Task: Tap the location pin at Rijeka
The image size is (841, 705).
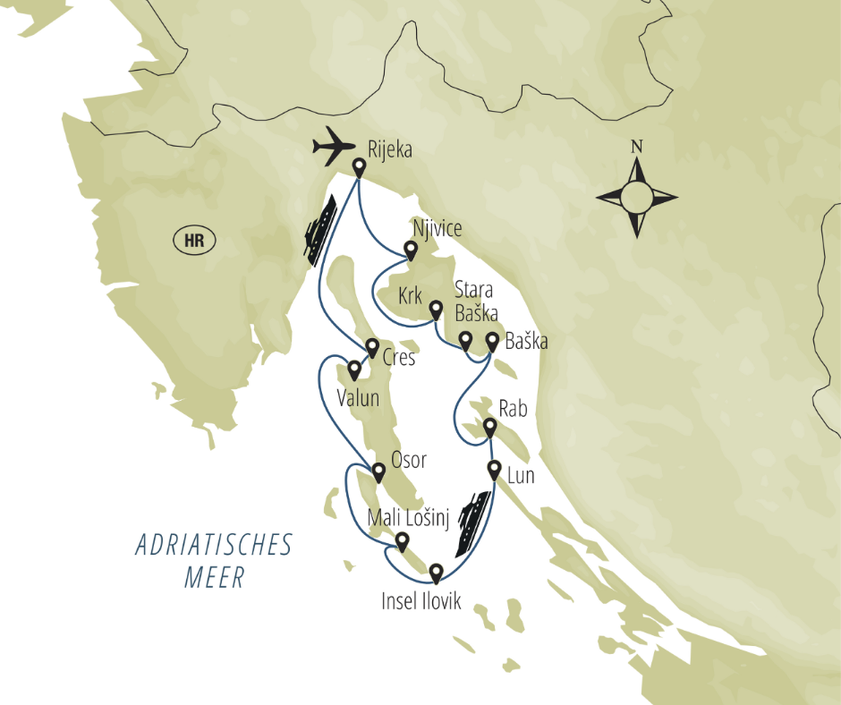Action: tap(360, 167)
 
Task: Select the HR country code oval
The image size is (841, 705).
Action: tap(193, 240)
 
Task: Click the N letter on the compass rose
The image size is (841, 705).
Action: tap(637, 147)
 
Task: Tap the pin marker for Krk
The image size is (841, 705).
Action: tap(436, 310)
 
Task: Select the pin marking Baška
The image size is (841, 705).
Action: tap(492, 341)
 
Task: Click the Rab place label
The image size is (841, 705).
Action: tap(514, 409)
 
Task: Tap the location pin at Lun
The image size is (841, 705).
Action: tap(494, 469)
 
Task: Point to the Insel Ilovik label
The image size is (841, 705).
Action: tap(420, 601)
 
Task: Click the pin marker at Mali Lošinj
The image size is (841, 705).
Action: tap(403, 541)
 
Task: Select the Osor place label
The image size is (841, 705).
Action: tap(410, 460)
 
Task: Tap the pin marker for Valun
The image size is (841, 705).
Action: tap(354, 369)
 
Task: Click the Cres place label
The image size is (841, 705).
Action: tap(399, 358)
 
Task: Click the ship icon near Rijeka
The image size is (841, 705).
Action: tap(319, 230)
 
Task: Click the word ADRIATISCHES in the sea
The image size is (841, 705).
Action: tap(215, 546)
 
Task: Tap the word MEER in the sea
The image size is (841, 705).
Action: tap(215, 578)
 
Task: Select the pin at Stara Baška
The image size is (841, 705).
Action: tap(465, 340)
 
